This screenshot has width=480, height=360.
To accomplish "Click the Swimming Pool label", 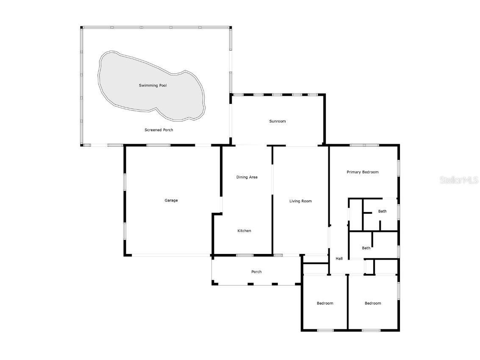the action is click(x=153, y=86).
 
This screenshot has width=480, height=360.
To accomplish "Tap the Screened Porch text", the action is click(x=159, y=130).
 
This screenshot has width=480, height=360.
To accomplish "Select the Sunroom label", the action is click(x=277, y=121).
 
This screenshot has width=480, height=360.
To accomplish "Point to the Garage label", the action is click(x=171, y=201).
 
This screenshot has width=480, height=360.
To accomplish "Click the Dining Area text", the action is click(x=247, y=177).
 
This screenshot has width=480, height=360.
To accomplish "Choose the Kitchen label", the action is click(x=244, y=231).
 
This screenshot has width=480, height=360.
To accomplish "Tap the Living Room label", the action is click(x=301, y=201).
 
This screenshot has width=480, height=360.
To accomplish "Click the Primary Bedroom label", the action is click(x=363, y=172).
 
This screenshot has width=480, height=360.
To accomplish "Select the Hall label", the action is click(x=339, y=259).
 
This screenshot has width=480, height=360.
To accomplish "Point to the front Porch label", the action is click(x=257, y=272).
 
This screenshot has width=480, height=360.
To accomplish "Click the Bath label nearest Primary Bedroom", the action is click(x=382, y=211).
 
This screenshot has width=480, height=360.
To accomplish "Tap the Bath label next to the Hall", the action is click(x=366, y=248).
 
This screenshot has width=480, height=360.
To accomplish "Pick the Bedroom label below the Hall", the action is click(x=325, y=303).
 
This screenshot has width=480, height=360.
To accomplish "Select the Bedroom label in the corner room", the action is click(x=373, y=303).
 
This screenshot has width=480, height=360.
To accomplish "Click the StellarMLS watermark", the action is click(x=459, y=180).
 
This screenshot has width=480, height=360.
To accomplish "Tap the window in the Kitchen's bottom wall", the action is click(x=244, y=255).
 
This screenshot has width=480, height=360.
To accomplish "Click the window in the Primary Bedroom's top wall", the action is click(x=364, y=145).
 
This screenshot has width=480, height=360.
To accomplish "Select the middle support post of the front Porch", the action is click(x=250, y=285).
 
